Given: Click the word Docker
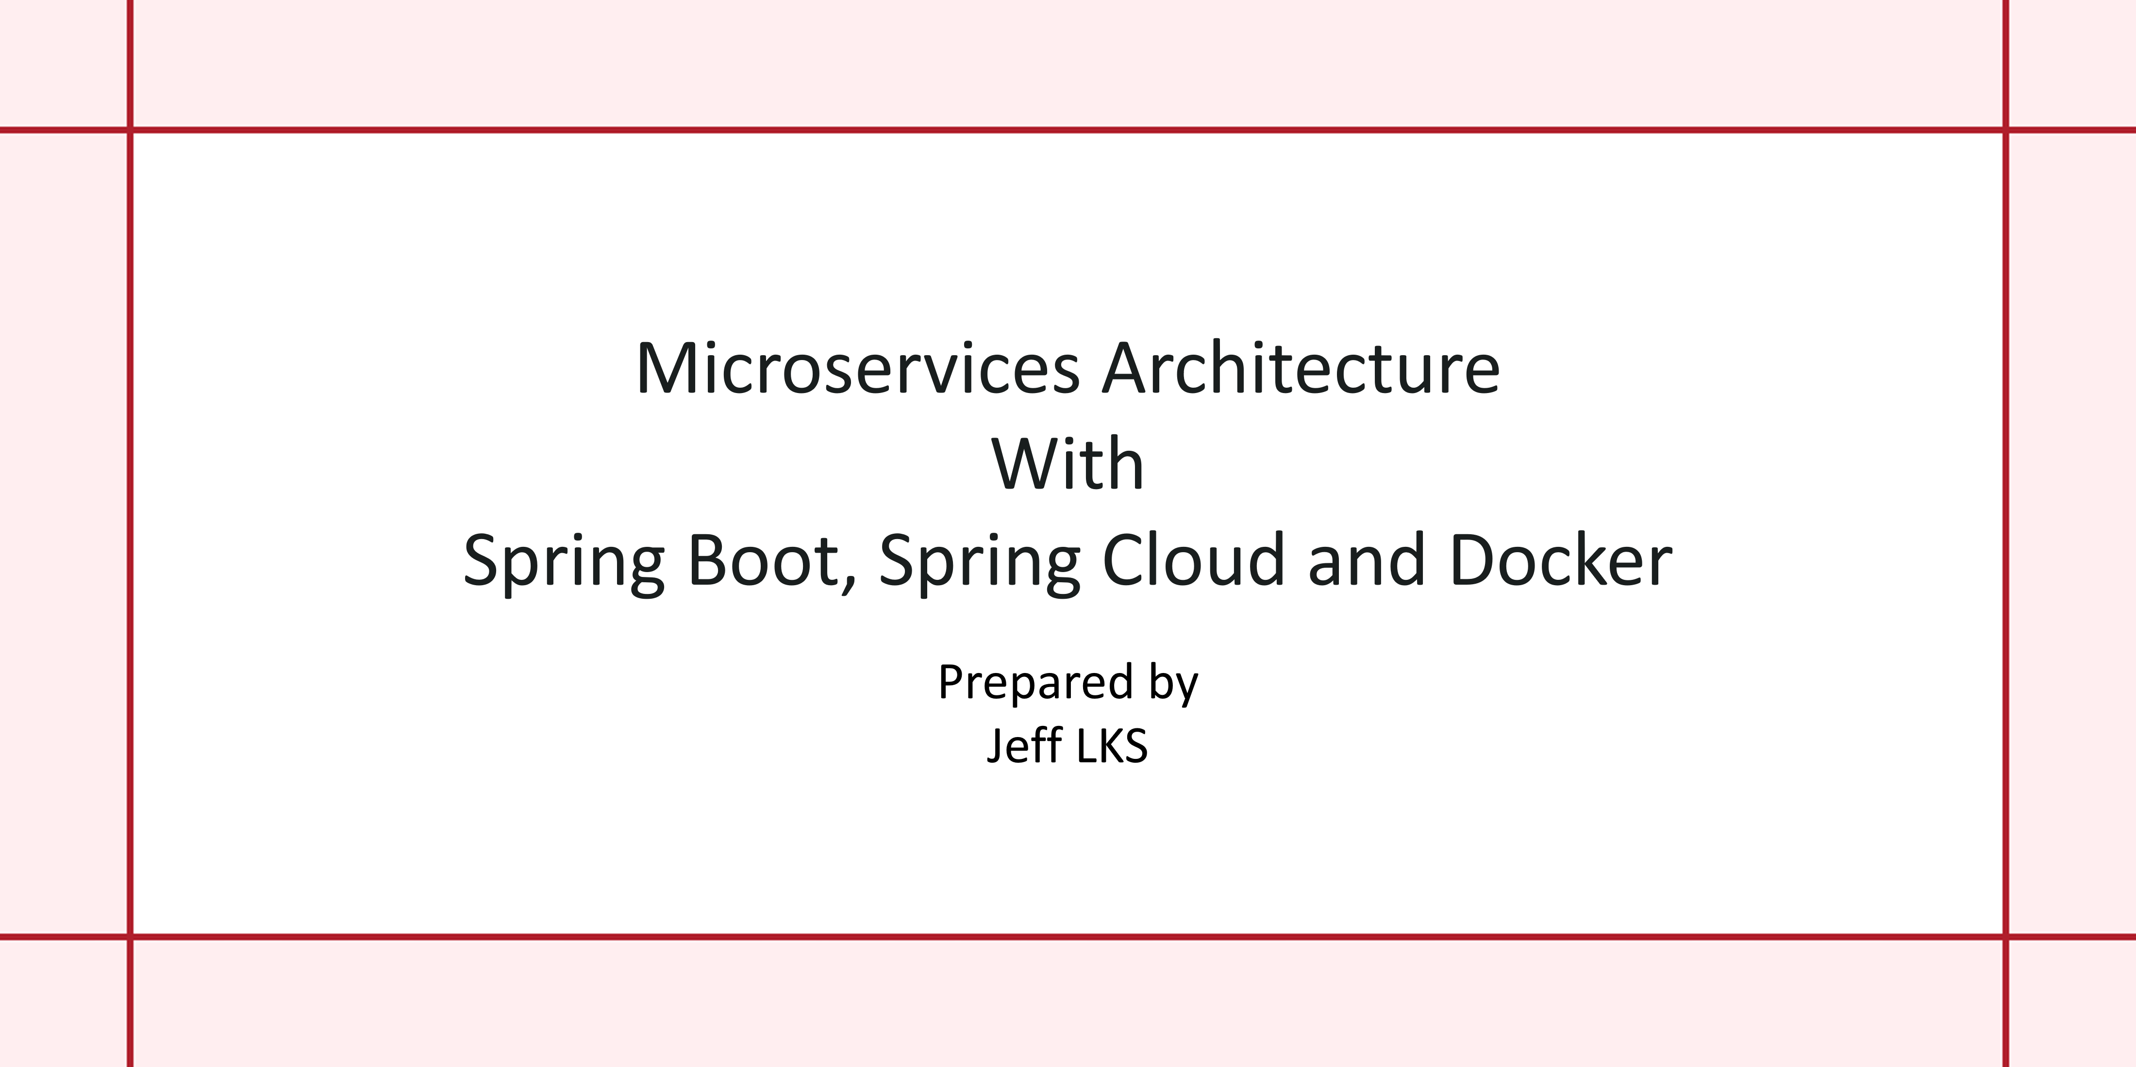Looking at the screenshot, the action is pyautogui.click(x=1561, y=559).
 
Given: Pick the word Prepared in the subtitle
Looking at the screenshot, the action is pyautogui.click(x=1035, y=684).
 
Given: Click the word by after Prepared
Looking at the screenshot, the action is pyautogui.click(x=1173, y=684).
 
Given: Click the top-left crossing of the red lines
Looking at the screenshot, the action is pyautogui.click(x=130, y=130).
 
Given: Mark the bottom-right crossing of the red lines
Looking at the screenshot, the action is pyautogui.click(x=2006, y=937).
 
